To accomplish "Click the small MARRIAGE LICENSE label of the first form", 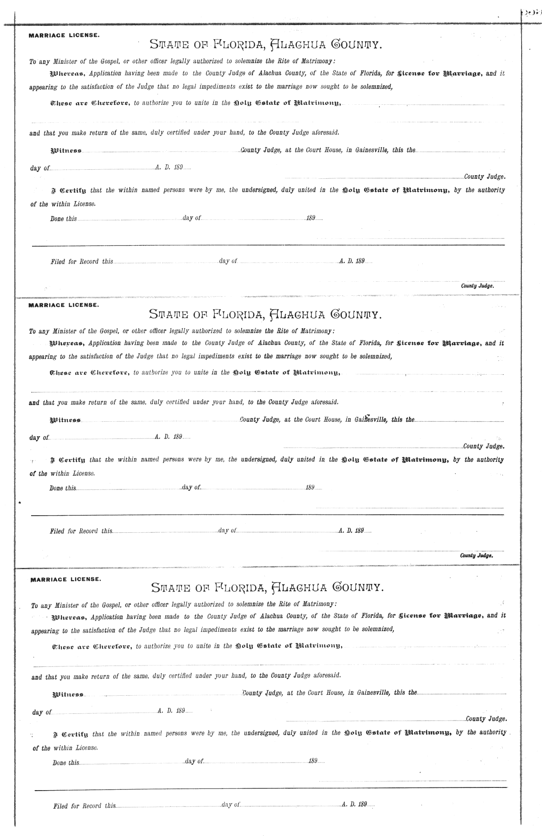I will [x=64, y=35].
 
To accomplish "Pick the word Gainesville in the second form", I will [x=370, y=419].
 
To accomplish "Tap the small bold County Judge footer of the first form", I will [x=477, y=286].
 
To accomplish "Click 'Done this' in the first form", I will [x=63, y=219].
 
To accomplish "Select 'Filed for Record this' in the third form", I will [x=84, y=805].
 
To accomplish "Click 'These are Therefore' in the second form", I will [x=89, y=373].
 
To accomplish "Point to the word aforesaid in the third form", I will [x=325, y=676].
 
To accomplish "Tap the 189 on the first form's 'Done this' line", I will [x=311, y=219].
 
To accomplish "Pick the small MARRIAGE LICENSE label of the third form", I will [x=65, y=579].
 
